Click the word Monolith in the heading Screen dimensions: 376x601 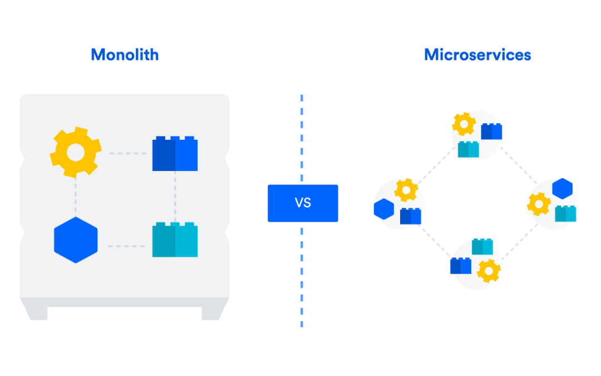125,55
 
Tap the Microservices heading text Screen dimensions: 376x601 477,55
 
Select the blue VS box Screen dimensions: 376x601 302,203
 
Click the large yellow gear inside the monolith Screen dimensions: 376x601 76,152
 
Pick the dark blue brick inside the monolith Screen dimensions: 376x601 175,154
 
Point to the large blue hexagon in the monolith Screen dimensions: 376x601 76,240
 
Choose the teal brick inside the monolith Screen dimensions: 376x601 175,240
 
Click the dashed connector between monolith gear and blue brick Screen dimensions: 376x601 127,153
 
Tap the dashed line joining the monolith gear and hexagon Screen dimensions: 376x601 76,198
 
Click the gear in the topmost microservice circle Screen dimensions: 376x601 464,124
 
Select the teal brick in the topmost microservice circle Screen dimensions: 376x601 468,149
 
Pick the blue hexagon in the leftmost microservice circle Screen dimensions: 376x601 384,209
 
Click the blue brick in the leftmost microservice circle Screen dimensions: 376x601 411,216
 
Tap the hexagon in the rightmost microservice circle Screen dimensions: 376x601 563,188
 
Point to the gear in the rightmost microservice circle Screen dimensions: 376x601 539,204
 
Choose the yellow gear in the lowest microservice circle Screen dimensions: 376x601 489,271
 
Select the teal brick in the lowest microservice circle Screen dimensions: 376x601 482,246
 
